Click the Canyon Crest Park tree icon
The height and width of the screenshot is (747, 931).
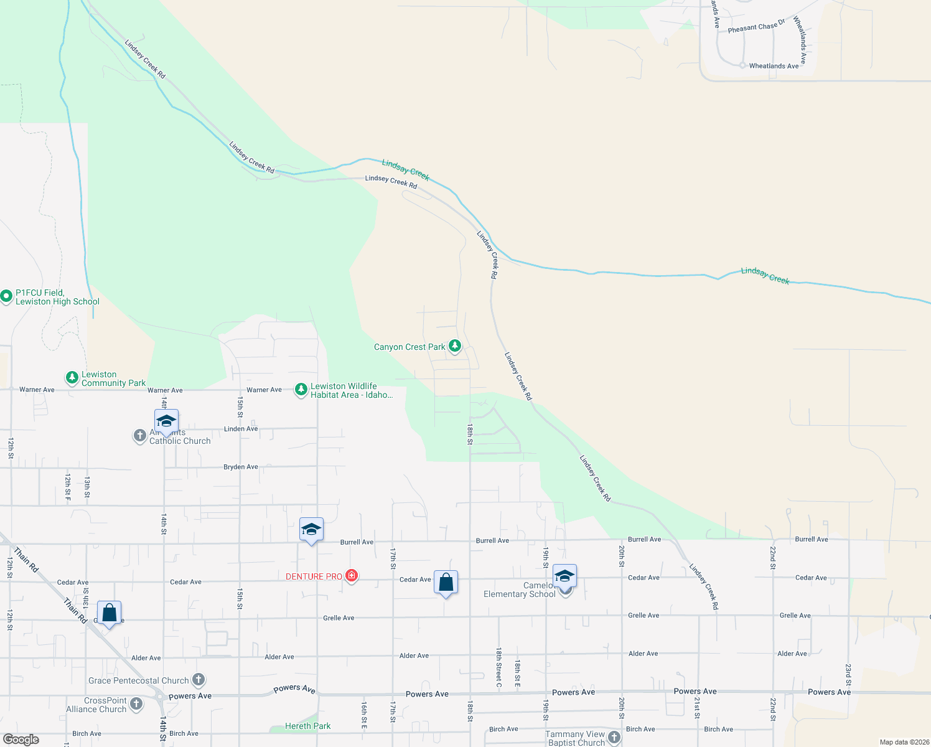coord(455,345)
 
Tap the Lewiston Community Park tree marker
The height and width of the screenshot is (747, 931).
coord(72,377)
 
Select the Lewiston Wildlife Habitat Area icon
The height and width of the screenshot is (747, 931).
coord(301,390)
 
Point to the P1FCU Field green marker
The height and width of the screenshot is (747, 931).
coord(6,296)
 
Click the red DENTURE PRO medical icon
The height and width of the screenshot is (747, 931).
coord(352,576)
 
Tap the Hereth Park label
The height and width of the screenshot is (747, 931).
coord(307,726)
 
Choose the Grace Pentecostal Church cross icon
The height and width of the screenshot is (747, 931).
coord(199,679)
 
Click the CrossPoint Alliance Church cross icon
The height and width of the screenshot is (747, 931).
coord(136,704)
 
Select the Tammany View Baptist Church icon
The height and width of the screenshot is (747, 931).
coord(614,738)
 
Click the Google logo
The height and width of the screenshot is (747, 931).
coord(21,740)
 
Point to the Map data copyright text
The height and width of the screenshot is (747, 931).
coord(904,742)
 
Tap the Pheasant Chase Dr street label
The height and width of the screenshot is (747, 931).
coord(756,26)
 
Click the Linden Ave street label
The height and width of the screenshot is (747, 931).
coord(241,429)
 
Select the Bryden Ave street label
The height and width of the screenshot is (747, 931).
coord(241,467)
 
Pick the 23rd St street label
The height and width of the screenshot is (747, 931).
coord(848,674)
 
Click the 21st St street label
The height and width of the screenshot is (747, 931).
coord(697,708)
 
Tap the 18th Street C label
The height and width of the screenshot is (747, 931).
coord(498,667)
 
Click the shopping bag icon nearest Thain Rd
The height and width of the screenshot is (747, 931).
coord(110,613)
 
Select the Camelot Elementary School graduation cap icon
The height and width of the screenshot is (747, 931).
coord(564,576)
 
